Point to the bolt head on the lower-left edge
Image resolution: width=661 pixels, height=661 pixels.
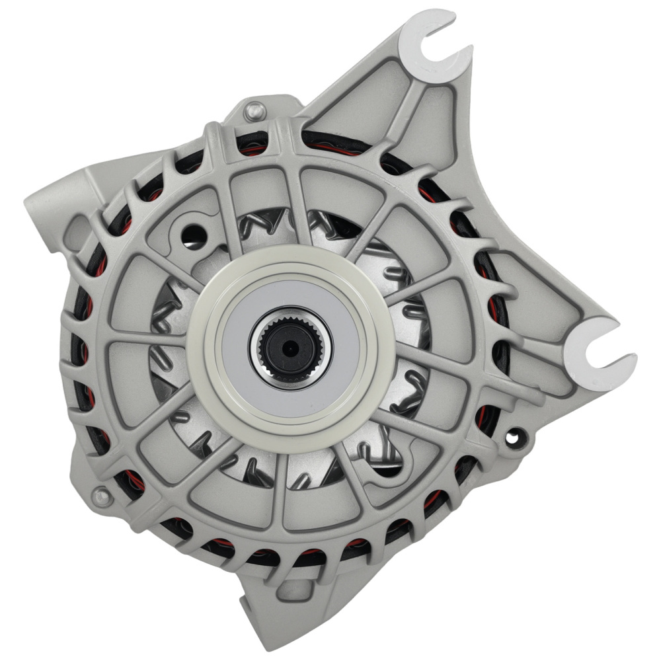(x=100, y=494)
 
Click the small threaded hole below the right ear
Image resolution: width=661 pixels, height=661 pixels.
(x=513, y=436)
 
